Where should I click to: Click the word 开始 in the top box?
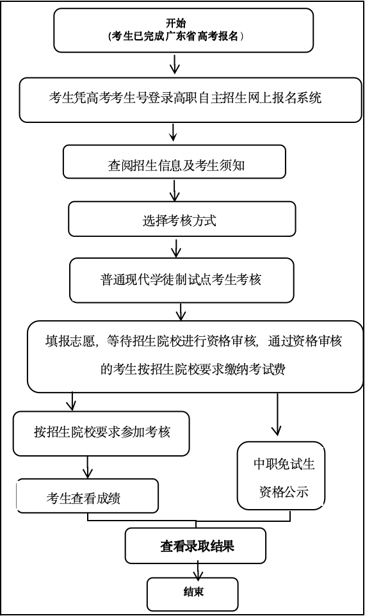tap(175, 24)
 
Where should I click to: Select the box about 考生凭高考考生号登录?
tap(191, 100)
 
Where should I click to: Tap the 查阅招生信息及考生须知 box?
tap(174, 161)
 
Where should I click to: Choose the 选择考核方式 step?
tap(182, 219)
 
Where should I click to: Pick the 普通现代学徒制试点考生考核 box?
tap(181, 280)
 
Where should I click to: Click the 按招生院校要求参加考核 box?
tap(101, 434)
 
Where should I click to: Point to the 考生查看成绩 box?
tap(87, 496)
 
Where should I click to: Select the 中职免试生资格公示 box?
tap(281, 476)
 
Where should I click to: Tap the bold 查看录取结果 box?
tap(196, 546)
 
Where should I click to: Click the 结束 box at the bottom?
tap(193, 594)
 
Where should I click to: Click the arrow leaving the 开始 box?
tap(174, 63)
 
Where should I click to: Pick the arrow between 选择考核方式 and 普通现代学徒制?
tap(176, 247)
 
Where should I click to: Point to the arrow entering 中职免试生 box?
tap(277, 414)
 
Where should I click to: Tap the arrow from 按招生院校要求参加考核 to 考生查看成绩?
tap(87, 467)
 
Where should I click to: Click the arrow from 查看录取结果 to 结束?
tap(197, 571)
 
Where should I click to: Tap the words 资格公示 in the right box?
tap(284, 492)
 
